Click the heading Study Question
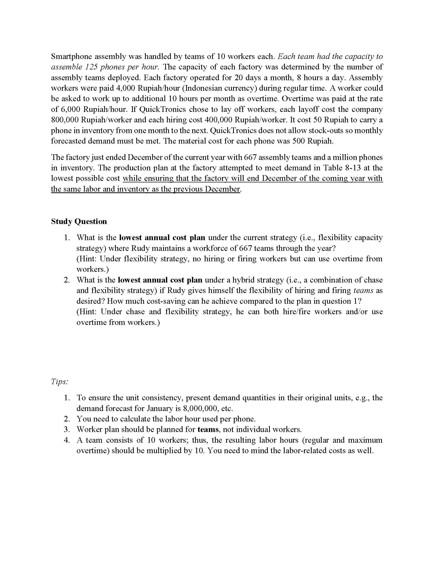79,221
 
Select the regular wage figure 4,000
126,88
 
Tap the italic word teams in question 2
363,290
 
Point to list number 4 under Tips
67,440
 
